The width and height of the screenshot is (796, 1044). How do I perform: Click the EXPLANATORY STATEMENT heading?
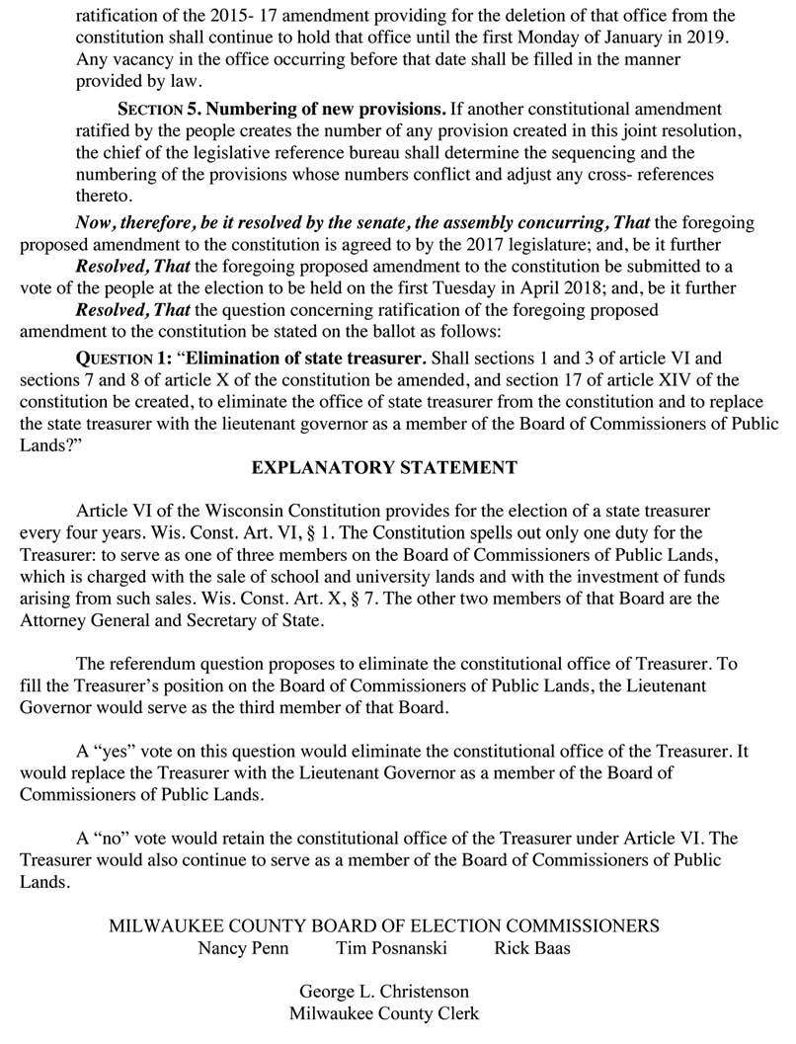click(384, 467)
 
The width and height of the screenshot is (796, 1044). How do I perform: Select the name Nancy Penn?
click(237, 947)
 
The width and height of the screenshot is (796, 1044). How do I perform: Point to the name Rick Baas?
click(531, 947)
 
